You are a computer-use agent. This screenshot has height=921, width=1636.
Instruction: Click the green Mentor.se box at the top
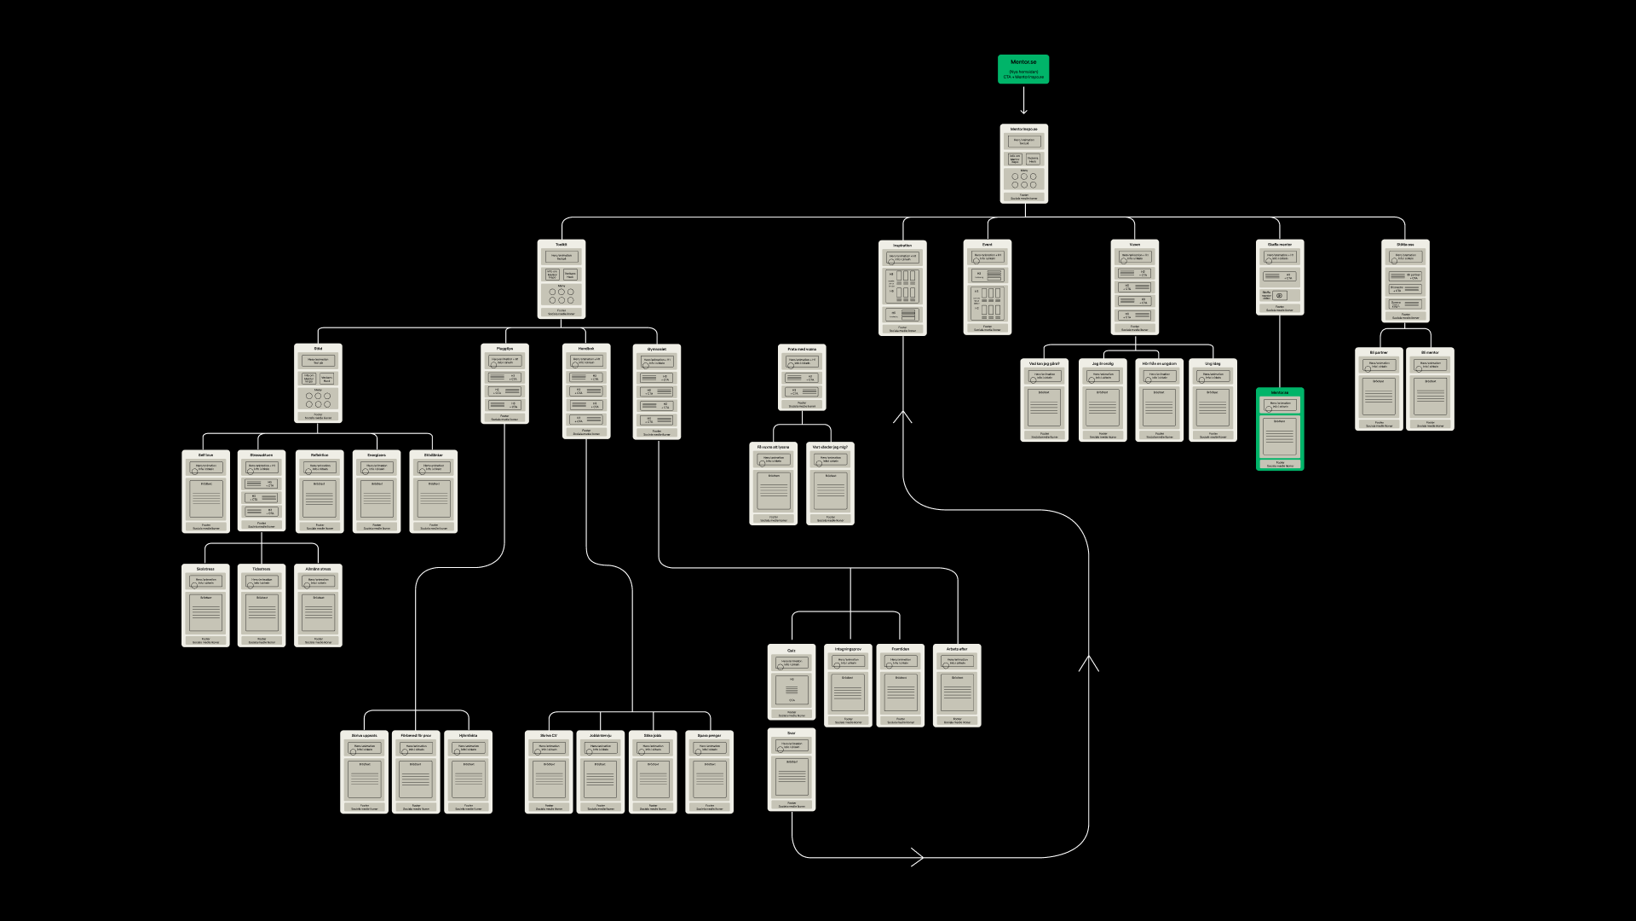1023,69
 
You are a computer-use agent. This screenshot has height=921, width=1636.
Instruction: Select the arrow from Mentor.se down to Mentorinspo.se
1023,101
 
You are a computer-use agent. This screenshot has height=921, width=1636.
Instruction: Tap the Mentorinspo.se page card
1023,165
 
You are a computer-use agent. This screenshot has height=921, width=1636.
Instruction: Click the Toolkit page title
562,245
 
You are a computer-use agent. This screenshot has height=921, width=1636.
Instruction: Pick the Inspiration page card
902,287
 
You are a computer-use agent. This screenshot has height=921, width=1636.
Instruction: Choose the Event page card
988,287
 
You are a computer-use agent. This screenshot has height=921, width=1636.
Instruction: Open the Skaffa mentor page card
1280,278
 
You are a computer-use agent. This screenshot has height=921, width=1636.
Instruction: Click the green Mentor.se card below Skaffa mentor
1280,429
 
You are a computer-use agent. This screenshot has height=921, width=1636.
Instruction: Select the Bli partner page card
1379,389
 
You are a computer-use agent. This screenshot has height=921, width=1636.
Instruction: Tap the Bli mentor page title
1430,352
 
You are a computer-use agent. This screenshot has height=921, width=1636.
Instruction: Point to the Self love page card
205,492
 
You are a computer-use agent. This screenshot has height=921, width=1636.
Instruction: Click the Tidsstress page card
262,605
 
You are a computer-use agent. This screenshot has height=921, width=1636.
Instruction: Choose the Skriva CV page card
549,772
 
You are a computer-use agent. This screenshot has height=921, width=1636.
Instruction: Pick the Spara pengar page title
709,735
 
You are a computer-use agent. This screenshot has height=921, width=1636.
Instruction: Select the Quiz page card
792,682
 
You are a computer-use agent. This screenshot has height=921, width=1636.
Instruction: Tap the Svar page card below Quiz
792,770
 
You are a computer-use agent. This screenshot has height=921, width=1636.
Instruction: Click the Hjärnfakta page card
469,772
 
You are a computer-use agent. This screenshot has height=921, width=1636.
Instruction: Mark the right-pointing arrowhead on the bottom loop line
918,858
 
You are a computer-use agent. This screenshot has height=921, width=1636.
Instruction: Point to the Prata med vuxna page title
802,349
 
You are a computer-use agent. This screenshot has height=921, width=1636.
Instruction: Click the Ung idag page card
1213,400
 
